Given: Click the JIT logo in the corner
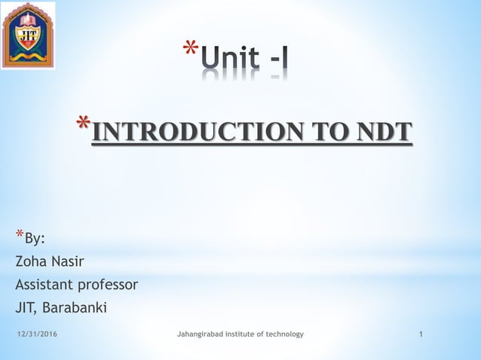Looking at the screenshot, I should pos(28,35).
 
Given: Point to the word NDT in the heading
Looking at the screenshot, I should pos(384,132).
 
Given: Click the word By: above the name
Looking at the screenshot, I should pos(35,239).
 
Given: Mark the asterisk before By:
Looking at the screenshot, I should pos(19,235).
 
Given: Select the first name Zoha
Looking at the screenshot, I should pos(31,261).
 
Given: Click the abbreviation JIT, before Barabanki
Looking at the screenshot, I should pos(26,307).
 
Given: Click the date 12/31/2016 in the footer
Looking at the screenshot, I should pos(37,334).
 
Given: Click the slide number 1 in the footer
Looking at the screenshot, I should pos(420,334).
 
